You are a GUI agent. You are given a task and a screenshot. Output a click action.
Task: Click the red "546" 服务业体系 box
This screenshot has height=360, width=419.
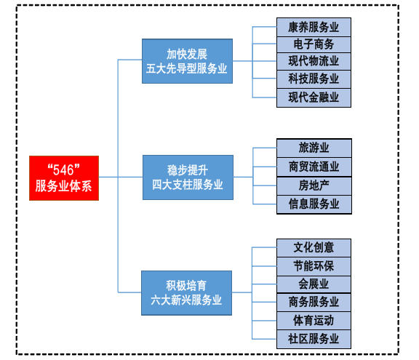(64, 178)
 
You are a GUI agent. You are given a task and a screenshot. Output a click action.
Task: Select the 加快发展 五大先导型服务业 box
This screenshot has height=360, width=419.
(187, 61)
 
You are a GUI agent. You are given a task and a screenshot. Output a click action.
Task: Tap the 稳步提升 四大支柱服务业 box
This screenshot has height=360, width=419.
(188, 177)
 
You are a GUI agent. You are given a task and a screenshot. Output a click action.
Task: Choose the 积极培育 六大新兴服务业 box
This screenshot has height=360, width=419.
(186, 293)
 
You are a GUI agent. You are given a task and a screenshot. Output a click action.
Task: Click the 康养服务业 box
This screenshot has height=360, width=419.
(314, 27)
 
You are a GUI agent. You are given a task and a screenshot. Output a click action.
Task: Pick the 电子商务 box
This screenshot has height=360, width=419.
(314, 44)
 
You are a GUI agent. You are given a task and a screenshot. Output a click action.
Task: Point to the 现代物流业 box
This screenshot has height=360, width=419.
(314, 61)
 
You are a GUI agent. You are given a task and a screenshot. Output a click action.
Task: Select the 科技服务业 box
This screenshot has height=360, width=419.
(314, 79)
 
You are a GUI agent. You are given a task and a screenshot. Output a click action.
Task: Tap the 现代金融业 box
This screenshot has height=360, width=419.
(314, 97)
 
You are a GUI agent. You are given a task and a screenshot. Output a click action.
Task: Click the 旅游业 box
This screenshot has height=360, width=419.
(314, 148)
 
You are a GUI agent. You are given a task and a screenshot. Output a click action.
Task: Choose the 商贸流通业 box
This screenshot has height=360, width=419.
(314, 167)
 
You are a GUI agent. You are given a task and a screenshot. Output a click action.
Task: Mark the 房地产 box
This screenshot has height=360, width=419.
(314, 186)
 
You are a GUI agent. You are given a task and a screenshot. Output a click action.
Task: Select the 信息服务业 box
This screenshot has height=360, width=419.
(314, 204)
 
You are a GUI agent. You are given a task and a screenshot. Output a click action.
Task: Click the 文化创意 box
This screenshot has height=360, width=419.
(314, 248)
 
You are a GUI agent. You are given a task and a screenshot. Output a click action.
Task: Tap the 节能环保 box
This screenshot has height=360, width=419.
(314, 266)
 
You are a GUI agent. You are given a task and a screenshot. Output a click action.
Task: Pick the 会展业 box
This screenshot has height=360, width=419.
(314, 284)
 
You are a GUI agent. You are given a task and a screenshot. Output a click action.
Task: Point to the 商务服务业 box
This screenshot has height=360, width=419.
(314, 303)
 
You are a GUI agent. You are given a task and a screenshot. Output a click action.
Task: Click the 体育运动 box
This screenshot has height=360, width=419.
(314, 321)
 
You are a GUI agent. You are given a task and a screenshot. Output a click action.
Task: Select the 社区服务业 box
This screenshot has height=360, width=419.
(314, 339)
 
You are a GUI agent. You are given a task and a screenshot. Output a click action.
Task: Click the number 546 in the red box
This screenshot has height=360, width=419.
(63, 170)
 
